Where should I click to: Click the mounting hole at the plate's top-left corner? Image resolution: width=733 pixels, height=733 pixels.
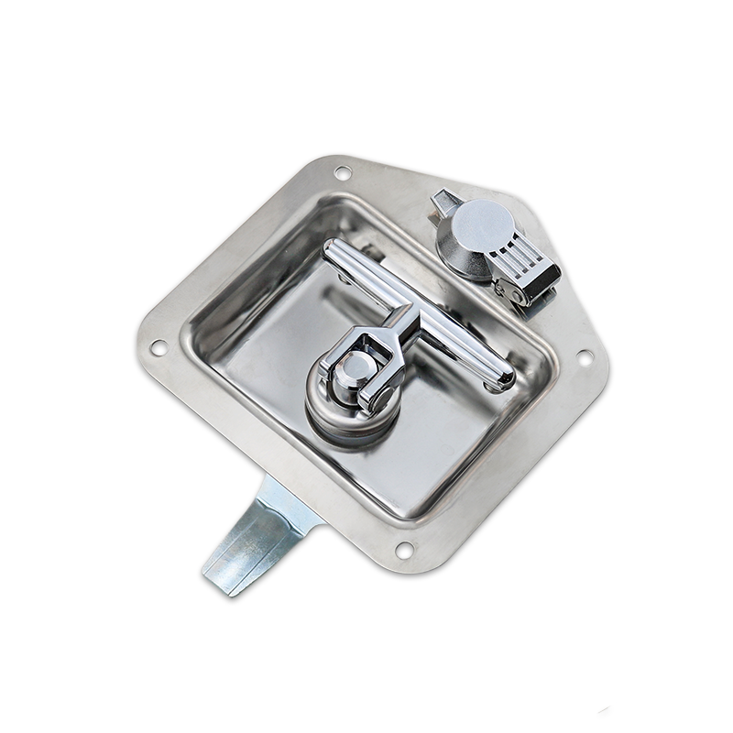[342, 171]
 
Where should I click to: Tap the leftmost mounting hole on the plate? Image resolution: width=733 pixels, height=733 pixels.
[158, 347]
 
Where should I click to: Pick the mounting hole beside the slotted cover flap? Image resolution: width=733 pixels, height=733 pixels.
[584, 357]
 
